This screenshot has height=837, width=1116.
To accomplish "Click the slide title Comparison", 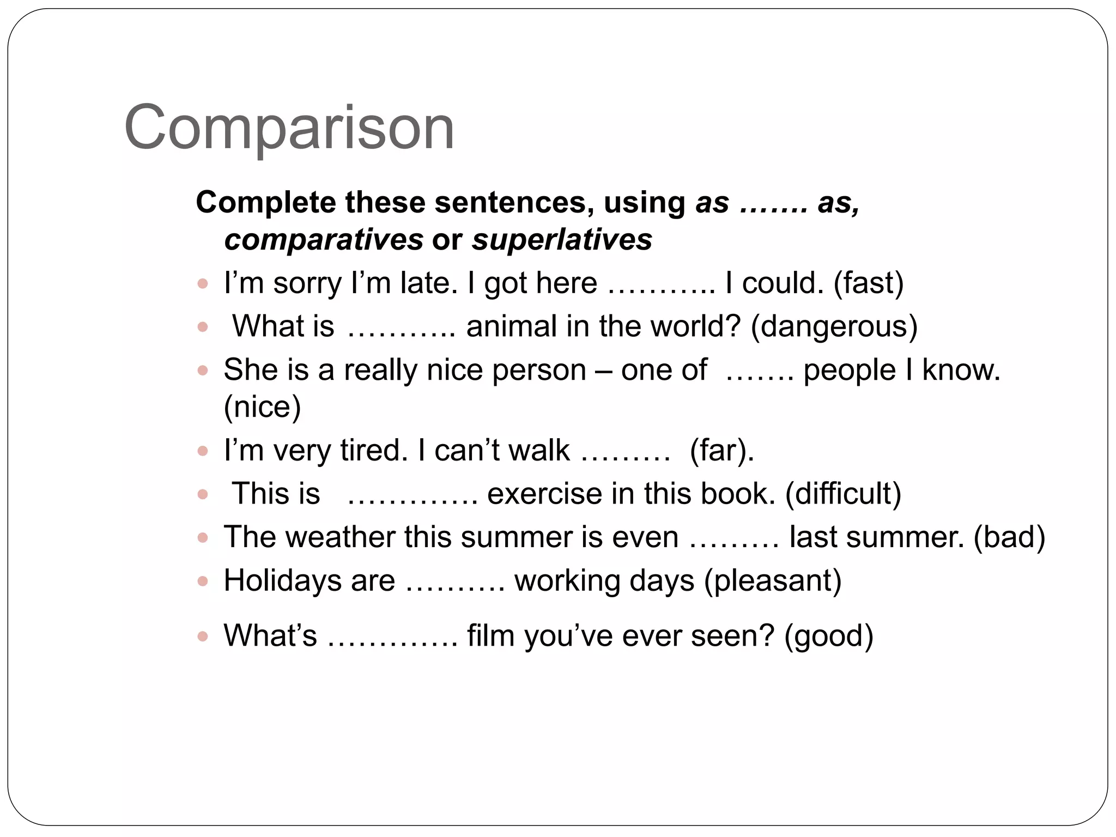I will [x=289, y=128].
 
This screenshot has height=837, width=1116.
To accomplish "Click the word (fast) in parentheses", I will [x=869, y=283].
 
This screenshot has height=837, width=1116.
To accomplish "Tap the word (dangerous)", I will [x=834, y=327].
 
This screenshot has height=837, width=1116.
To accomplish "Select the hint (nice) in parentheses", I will [x=262, y=407].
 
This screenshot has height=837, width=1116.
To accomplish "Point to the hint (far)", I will [x=721, y=451].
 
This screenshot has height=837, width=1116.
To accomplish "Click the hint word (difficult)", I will [x=843, y=494].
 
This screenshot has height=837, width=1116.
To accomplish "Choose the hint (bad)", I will [x=1009, y=537].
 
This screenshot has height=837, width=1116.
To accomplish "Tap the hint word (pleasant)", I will [x=773, y=581].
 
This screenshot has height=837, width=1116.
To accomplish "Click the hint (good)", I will [x=828, y=636].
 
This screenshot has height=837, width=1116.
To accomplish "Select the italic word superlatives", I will [x=562, y=240].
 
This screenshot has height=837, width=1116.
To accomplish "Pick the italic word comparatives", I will [x=324, y=240].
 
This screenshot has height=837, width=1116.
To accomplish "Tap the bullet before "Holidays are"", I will [x=203, y=581].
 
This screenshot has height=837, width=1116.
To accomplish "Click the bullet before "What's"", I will [x=203, y=636].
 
